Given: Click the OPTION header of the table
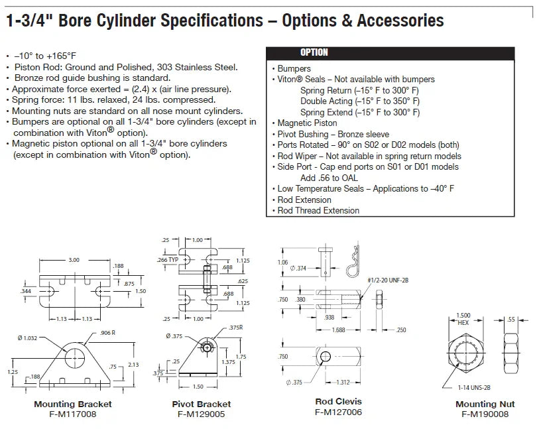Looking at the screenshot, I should coord(314,52).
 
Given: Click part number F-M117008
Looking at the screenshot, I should coord(73,414).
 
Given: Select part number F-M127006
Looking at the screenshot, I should coord(338,412).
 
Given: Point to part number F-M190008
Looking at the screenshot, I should coord(485,414).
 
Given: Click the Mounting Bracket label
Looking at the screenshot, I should coord(73,404).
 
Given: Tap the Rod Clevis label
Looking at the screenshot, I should coord(338,401).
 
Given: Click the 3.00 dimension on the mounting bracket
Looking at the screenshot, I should coord(74,260).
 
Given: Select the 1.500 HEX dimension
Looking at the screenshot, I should coord(463,318).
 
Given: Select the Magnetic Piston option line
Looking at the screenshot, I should coord(307,123).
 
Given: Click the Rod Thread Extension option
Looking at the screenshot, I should coord(318,210).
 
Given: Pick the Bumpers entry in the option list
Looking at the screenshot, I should coord(294,68).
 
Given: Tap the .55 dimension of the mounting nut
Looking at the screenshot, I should coord(511,320).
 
